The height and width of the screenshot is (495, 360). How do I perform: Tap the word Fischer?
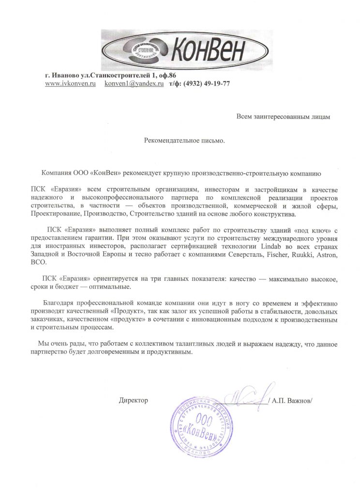tap(278, 254)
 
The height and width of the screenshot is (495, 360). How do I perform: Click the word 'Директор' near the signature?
tap(133, 401)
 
